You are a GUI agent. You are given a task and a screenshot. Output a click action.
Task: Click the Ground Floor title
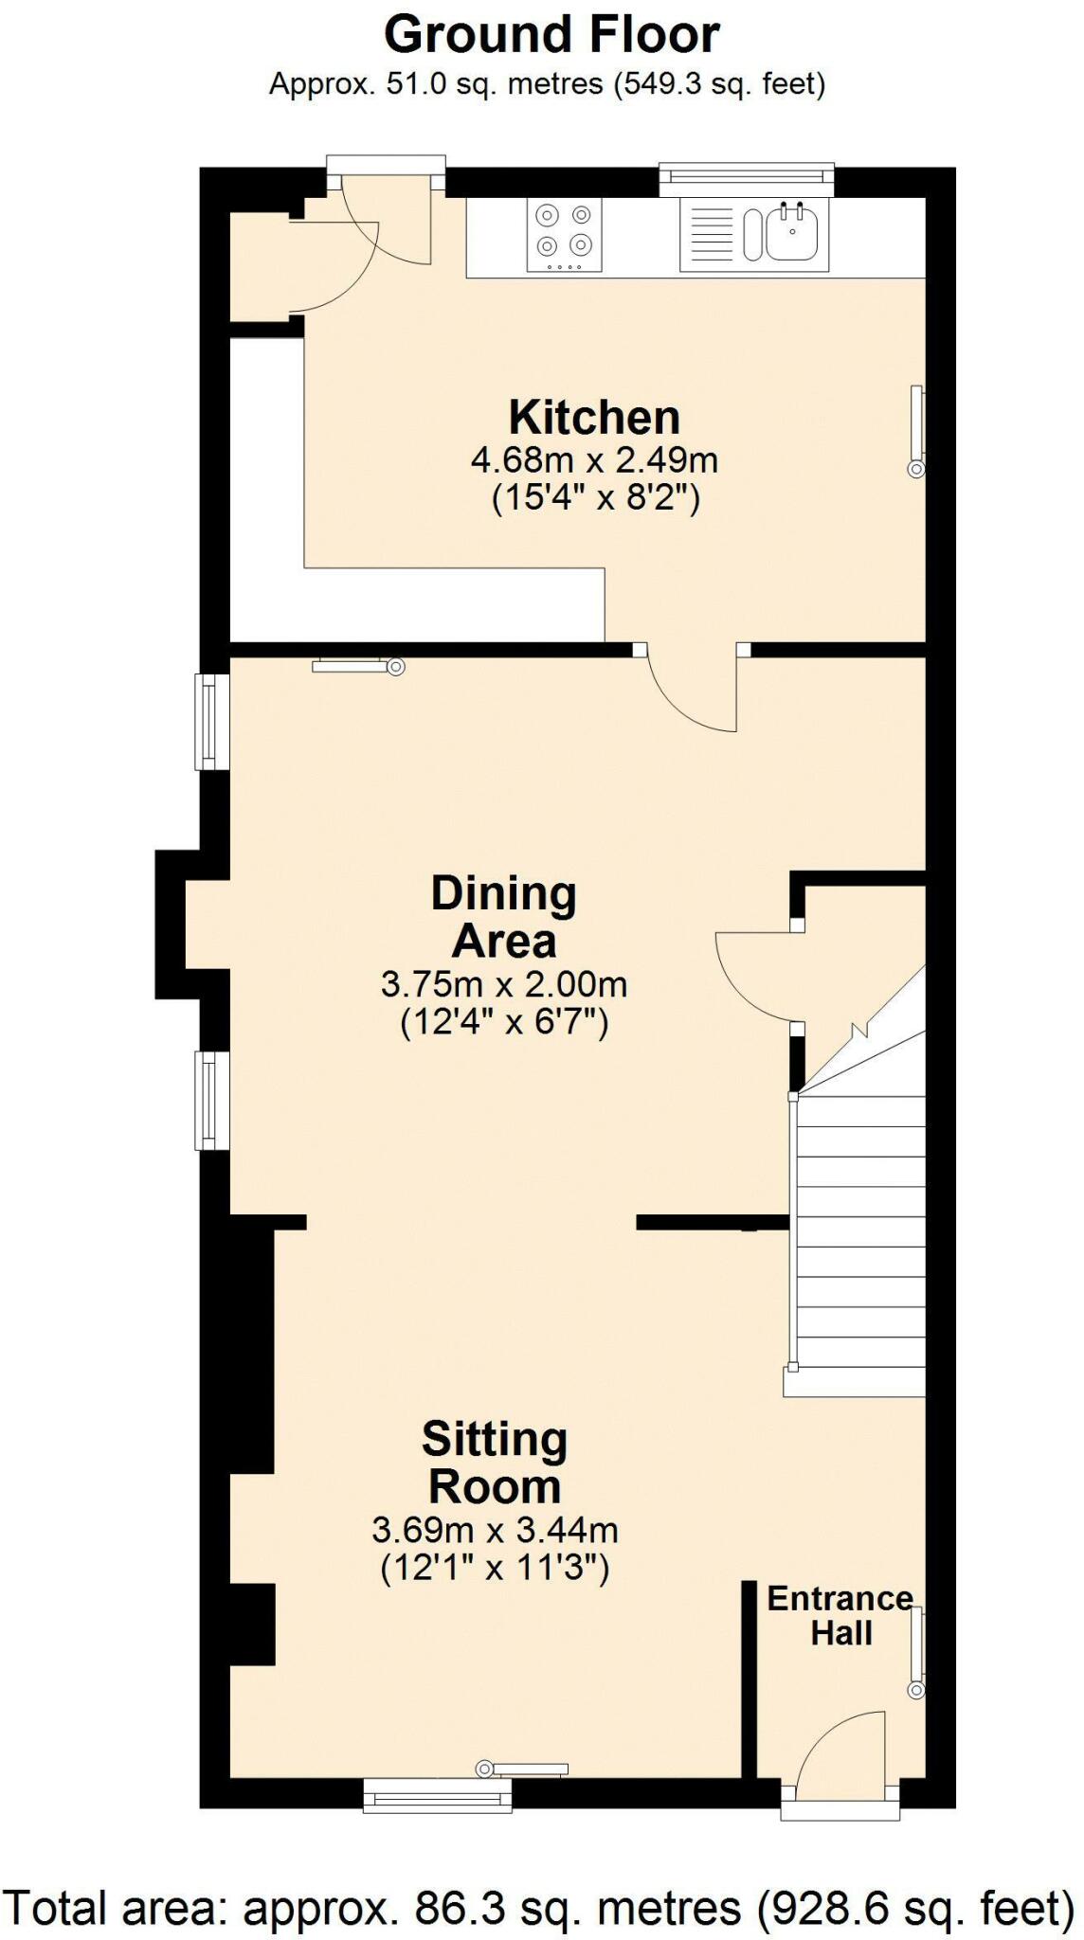tap(551, 36)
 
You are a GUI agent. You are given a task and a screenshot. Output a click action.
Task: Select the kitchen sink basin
tap(792, 234)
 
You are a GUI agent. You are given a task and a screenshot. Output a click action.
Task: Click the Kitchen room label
tap(594, 418)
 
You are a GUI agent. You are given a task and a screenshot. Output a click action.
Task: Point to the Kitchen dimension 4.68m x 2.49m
tap(594, 461)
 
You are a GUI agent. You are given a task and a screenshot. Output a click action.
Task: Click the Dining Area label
tap(504, 917)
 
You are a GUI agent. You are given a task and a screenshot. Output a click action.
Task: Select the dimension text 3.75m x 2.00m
tap(504, 984)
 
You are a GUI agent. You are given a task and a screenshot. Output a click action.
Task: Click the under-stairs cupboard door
tap(753, 976)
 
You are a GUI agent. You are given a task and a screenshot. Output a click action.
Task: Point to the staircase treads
tap(860, 1231)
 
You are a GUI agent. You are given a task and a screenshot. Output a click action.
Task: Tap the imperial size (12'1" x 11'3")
tap(495, 1569)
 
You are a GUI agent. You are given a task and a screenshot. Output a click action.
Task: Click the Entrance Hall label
tap(840, 1615)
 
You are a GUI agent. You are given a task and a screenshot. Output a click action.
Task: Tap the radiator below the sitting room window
tap(524, 1768)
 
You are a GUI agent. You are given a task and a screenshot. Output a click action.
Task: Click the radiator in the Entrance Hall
tap(916, 1653)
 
